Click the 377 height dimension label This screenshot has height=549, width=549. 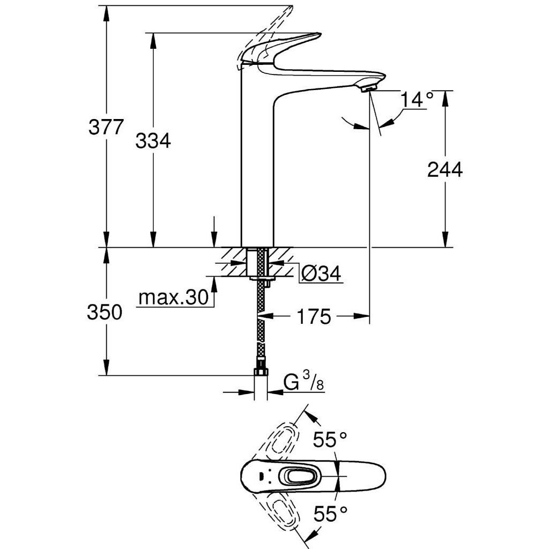[106, 127]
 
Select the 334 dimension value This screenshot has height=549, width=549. [153, 141]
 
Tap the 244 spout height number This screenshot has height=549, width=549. [445, 170]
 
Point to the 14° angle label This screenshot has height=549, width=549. [417, 99]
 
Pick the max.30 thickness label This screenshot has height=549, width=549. [173, 298]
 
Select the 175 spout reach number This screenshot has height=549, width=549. [314, 316]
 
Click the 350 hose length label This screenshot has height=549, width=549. [105, 312]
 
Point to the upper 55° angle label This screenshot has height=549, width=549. [330, 440]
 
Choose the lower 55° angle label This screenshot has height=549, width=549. [330, 514]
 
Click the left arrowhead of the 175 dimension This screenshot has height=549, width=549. [265, 316]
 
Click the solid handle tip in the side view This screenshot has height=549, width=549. [315, 35]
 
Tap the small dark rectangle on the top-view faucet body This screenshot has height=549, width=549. [261, 476]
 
